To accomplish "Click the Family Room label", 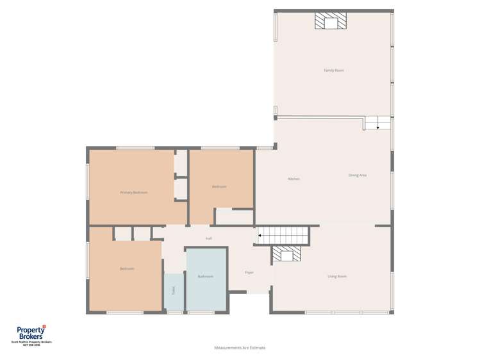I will coord(334,70).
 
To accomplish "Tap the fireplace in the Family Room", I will coord(330,22).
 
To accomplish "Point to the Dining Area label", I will coord(358,175).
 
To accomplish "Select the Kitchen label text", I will coord(294,179).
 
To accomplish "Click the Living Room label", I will coord(337,276).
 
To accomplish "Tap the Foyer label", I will coord(249,272).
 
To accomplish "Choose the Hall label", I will coord(209,238).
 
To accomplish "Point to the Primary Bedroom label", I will coord(134,192).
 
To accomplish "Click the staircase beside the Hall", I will coord(283,236).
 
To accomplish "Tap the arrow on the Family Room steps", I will coord(378,127).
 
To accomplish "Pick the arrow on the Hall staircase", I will coord(260,236).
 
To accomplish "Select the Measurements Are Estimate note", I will coord(240,348).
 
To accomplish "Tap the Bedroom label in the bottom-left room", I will coord(127,268).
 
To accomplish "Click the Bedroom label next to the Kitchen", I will coord(219,186).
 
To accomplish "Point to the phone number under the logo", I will coord(31,345).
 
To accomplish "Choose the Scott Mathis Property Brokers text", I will coord(31,342).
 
